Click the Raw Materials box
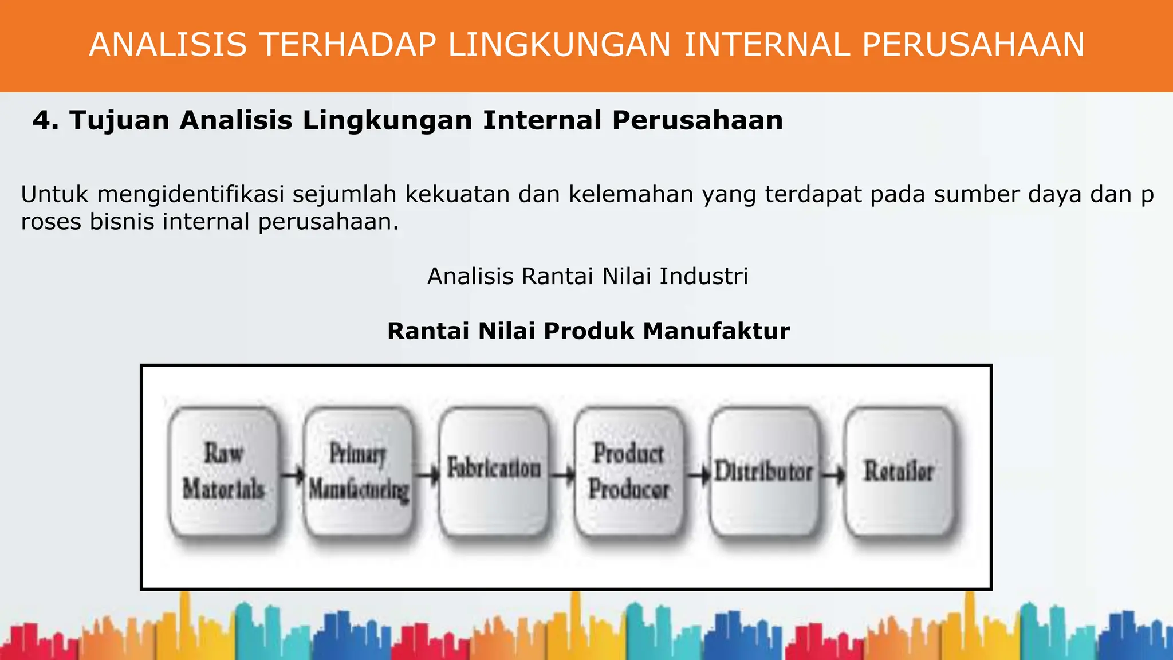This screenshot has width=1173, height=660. (x=224, y=471)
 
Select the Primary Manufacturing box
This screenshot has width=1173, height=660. (x=359, y=471)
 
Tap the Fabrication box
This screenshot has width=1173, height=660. (x=494, y=471)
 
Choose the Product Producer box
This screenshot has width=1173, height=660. (x=629, y=471)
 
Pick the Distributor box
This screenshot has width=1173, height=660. (x=764, y=471)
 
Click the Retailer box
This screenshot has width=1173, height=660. (x=899, y=471)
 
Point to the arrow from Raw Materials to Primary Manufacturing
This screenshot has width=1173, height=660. (x=293, y=474)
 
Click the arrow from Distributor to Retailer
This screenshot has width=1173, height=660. (x=833, y=474)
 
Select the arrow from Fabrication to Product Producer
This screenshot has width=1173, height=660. (x=563, y=474)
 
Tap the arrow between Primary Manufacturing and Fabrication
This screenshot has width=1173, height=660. (x=427, y=474)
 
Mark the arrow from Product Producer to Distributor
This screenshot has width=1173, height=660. (x=698, y=474)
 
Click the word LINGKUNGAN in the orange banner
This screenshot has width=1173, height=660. (x=560, y=45)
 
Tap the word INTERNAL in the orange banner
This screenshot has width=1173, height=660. (x=767, y=45)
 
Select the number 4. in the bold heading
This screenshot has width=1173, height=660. (x=45, y=120)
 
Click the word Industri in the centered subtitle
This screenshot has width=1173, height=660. (x=703, y=276)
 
